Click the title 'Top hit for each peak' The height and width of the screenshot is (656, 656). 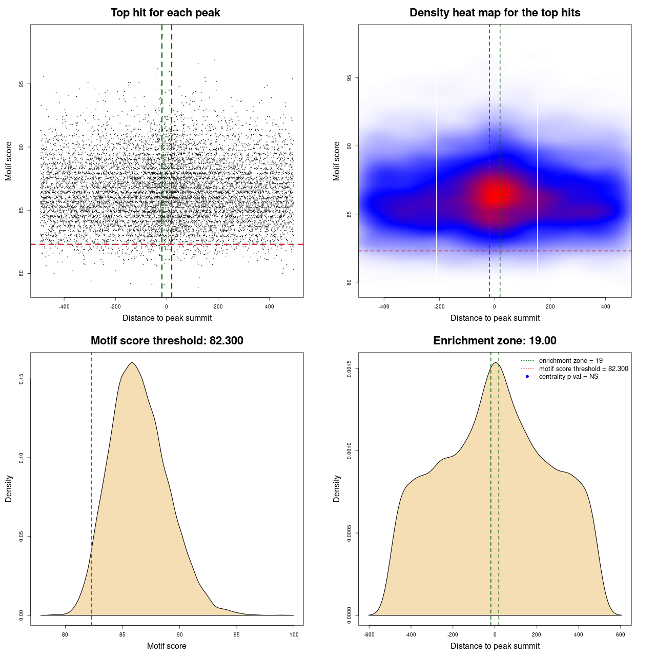click(x=165, y=13)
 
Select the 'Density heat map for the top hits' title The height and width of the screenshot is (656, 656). click(x=495, y=13)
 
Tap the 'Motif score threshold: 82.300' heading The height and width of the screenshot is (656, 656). click(x=167, y=341)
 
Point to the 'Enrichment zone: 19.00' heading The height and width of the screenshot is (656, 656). click(x=495, y=341)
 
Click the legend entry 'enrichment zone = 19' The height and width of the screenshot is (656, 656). click(x=570, y=361)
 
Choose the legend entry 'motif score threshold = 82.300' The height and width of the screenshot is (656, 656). click(x=583, y=368)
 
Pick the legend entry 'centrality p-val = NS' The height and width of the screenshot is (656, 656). click(x=568, y=377)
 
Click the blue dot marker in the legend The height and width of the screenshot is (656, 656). click(x=527, y=377)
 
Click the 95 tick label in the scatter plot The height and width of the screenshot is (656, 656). click(x=21, y=84)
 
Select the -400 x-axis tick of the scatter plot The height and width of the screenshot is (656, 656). click(x=64, y=307)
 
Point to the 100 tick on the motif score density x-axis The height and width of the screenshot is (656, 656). click(x=294, y=634)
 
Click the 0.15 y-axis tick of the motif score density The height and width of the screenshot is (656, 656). click(x=21, y=379)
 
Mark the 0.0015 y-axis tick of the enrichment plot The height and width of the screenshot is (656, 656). click(x=349, y=369)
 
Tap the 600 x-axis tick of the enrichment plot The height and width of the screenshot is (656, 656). click(x=621, y=634)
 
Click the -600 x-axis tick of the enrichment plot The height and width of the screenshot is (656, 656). click(x=369, y=634)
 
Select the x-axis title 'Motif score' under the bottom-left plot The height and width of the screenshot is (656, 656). click(x=167, y=646)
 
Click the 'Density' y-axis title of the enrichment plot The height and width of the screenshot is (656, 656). click(x=337, y=488)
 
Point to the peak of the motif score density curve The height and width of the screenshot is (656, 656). click(x=132, y=363)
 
